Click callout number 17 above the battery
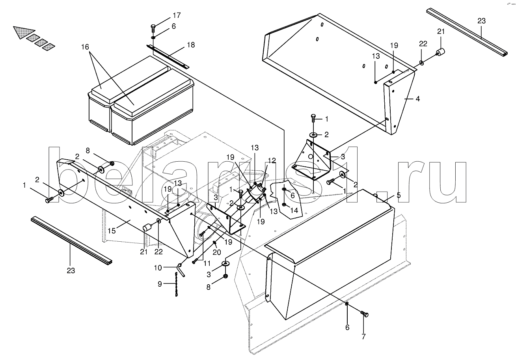(x=177, y=16)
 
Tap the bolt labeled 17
(x=153, y=28)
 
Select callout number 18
(x=191, y=45)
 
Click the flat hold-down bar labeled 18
(x=169, y=56)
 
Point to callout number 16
(x=85, y=47)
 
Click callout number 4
(x=417, y=99)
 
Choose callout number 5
(x=399, y=195)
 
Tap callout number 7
(x=363, y=337)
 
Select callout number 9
(x=160, y=284)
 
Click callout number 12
(x=271, y=160)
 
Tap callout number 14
(x=294, y=211)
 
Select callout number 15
(x=112, y=230)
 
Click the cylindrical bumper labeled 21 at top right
(x=440, y=52)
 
